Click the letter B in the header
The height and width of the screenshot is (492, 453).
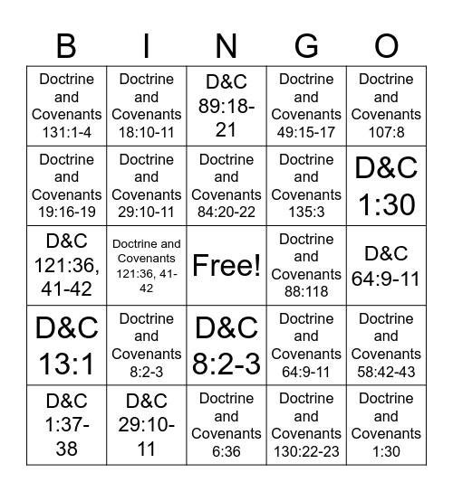coord(66,44)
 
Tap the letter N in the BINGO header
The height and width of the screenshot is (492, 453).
coord(226,44)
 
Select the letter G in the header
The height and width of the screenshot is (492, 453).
coord(306,44)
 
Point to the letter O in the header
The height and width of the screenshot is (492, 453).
coord(386,44)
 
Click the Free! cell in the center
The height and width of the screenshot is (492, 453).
coord(226,266)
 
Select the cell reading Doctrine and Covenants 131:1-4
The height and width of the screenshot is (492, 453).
coord(66,106)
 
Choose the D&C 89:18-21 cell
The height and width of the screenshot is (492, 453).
coord(226,106)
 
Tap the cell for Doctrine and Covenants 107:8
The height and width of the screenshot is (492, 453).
coord(386,106)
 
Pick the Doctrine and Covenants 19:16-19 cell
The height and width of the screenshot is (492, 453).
coord(66,185)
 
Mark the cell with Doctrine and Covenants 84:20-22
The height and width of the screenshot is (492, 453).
coord(226,185)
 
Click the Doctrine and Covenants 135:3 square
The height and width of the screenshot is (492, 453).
coord(306,185)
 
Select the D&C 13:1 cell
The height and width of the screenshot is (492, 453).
coord(66,345)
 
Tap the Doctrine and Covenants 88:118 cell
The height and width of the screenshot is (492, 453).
coord(306,266)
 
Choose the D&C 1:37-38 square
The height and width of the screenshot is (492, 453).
coord(66,424)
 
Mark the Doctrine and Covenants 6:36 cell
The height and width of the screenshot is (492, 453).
coord(226,424)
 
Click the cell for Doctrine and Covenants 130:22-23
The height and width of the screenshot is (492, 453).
coord(306,424)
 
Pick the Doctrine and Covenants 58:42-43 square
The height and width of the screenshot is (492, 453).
coord(386,345)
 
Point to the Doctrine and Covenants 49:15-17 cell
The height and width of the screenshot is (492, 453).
coord(306,106)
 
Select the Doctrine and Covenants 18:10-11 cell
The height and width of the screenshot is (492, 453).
coord(146,106)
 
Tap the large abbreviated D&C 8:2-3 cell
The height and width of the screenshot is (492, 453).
coord(226,345)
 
